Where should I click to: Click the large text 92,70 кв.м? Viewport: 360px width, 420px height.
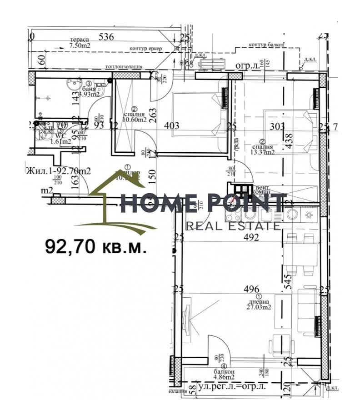[x=96, y=246]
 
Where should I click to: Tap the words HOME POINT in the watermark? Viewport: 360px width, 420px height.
[x=203, y=204]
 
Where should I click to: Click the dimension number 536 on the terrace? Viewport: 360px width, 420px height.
[x=105, y=36]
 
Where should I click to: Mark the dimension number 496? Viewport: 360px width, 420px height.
[x=251, y=289]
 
